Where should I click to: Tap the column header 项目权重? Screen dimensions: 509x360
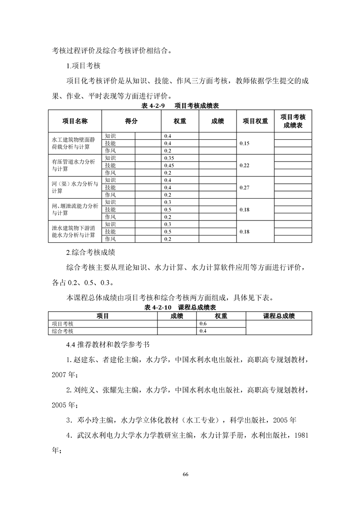click(x=255, y=121)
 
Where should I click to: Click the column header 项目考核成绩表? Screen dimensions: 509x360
click(x=293, y=121)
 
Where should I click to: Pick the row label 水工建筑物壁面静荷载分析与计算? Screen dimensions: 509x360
click(x=74, y=143)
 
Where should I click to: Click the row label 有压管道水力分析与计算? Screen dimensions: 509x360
click(x=74, y=165)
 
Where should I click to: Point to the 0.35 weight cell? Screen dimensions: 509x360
click(x=169, y=158)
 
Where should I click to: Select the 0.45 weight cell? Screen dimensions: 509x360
click(x=169, y=165)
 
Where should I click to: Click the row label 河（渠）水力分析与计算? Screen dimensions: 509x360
click(x=74, y=187)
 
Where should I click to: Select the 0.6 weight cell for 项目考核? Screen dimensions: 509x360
click(x=203, y=324)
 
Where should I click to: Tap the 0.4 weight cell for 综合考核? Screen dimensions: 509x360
click(x=203, y=332)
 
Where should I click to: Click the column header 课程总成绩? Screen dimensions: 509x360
click(x=279, y=316)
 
